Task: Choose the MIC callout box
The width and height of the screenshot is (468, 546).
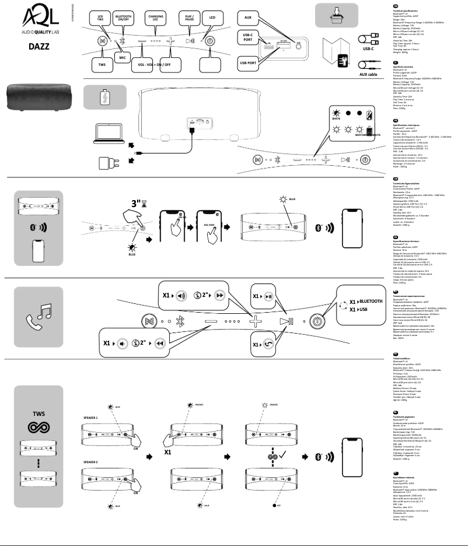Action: [122, 58]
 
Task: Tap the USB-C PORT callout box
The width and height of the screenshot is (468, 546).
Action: [248, 39]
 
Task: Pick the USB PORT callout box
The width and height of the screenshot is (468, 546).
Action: [248, 62]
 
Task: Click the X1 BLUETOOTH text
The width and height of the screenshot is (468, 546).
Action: [362, 301]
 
